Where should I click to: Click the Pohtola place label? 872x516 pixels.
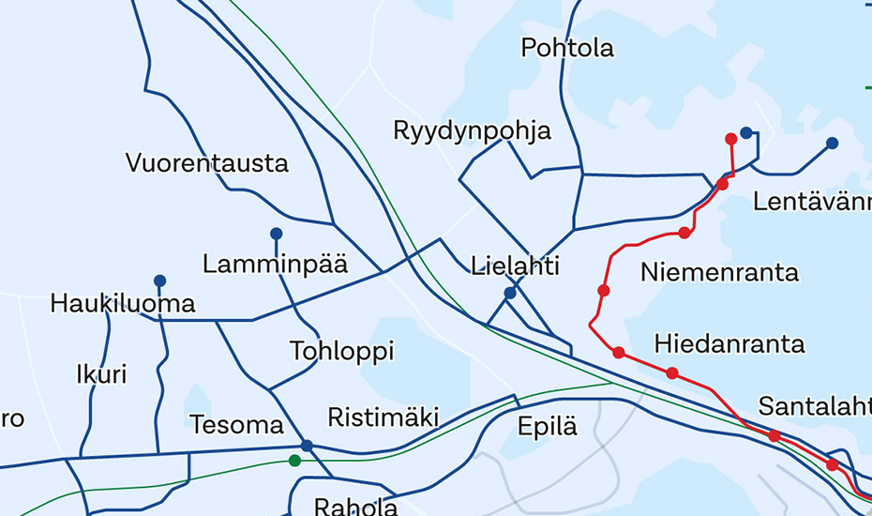(567, 47)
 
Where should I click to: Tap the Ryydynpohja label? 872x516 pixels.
(473, 130)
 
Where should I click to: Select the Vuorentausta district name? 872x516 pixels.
(207, 163)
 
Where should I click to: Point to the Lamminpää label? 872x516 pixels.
(275, 265)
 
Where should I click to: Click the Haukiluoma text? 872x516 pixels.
(123, 304)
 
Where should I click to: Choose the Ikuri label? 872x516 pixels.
(101, 375)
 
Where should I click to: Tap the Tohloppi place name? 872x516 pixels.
(341, 352)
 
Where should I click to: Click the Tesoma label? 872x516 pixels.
(236, 425)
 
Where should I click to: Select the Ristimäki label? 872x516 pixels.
(383, 417)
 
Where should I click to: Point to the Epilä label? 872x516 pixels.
(548, 428)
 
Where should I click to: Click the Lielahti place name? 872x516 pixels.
(516, 266)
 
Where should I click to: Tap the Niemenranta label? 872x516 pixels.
(719, 273)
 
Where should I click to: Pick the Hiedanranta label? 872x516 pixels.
(729, 343)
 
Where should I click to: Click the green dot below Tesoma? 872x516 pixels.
(295, 461)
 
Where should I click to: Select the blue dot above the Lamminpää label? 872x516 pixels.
(276, 234)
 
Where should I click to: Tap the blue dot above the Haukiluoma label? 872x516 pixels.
(159, 281)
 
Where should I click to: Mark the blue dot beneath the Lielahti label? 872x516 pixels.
(510, 294)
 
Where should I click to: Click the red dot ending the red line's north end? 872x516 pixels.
(731, 139)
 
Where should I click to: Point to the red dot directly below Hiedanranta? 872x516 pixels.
(672, 373)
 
